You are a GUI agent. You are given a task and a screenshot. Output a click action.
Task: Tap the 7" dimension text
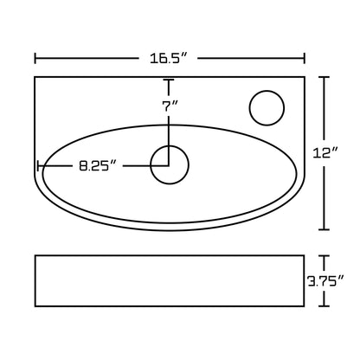(170, 106)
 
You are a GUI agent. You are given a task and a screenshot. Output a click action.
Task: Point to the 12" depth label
(326, 152)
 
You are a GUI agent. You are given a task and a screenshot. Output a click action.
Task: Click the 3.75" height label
(326, 280)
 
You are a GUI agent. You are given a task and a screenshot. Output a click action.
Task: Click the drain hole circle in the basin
(170, 164)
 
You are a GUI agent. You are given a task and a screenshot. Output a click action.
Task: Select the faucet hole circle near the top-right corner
(266, 108)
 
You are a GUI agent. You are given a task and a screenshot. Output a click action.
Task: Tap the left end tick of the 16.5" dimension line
(35, 58)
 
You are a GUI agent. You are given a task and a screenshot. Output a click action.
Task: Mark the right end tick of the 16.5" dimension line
(305, 58)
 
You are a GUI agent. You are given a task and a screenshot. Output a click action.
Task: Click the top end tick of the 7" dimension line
(170, 80)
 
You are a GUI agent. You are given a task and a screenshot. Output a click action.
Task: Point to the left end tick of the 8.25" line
(37, 164)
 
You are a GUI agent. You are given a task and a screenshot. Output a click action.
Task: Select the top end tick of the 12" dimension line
(325, 77)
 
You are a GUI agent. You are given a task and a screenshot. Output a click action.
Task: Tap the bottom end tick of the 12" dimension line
(325, 229)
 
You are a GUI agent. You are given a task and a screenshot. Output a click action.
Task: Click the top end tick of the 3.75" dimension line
(325, 256)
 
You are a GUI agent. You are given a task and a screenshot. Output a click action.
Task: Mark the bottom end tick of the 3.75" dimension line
(325, 305)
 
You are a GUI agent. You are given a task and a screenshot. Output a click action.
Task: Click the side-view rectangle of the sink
(170, 280)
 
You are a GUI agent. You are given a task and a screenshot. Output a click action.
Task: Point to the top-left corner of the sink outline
(35, 78)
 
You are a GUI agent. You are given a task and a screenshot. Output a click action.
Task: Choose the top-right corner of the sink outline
(305, 78)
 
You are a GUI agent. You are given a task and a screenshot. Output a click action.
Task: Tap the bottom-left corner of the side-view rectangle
(35, 305)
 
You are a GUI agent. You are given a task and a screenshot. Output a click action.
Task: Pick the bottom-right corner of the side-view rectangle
(305, 305)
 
